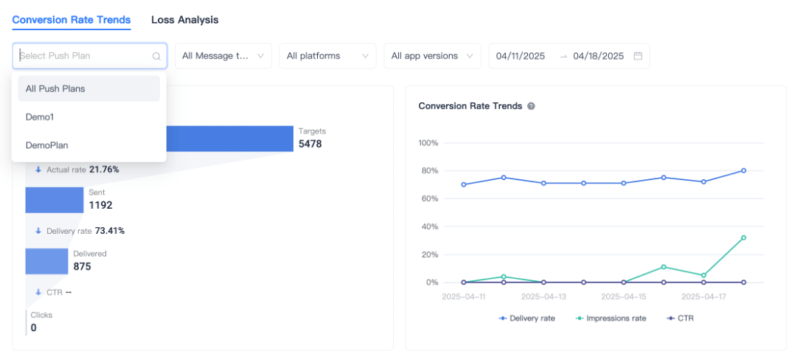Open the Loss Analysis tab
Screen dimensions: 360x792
pos(184,20)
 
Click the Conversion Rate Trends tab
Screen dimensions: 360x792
pos(72,20)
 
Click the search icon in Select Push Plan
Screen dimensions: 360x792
pos(156,56)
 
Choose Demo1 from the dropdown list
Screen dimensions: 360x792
pos(40,117)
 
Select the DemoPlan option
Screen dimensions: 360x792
pos(46,145)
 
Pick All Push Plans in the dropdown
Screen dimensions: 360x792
pos(55,89)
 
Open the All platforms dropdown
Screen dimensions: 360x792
pos(327,56)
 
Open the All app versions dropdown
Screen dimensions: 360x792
pos(432,56)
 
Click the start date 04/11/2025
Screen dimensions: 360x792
pos(521,56)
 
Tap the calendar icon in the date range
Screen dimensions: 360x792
pos(638,56)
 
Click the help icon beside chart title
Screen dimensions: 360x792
pos(531,106)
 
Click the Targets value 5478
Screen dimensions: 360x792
pos(310,144)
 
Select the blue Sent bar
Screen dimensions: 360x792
pos(55,200)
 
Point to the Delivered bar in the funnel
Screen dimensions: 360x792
pos(46,261)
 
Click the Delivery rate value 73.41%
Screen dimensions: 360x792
pos(110,231)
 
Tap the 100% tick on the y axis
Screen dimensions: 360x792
pos(428,142)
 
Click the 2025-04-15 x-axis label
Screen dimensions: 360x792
pos(624,297)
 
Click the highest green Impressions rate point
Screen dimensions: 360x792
pos(743,238)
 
